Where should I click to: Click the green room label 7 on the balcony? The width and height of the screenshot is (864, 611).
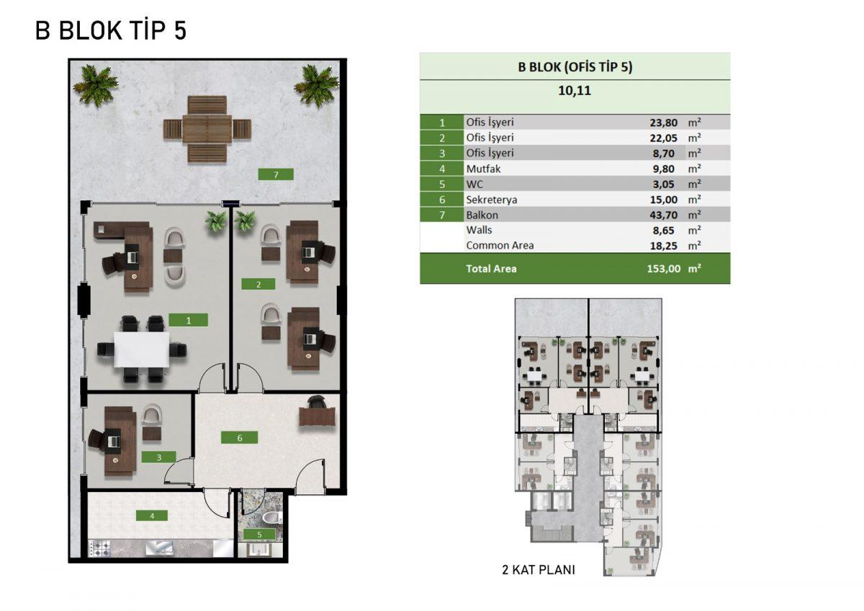click(276, 174)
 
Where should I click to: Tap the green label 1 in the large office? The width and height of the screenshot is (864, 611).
click(188, 320)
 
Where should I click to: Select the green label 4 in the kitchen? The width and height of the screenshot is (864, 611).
click(152, 516)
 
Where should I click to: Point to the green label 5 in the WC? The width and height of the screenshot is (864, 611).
click(259, 534)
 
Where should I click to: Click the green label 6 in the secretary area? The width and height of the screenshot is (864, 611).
click(239, 437)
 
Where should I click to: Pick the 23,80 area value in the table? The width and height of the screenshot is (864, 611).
click(663, 122)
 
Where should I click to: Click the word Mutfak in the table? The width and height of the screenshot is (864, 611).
click(483, 169)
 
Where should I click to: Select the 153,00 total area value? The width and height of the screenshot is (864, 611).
click(663, 269)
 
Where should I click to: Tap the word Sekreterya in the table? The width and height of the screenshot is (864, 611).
click(491, 200)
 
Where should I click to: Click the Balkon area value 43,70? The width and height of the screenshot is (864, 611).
click(663, 215)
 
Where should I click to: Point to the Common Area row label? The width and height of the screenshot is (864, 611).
click(500, 246)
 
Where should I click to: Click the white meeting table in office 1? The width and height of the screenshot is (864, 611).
click(142, 349)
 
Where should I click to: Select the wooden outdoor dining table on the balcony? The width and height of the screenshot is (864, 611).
click(207, 129)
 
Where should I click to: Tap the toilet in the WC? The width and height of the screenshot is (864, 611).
click(273, 517)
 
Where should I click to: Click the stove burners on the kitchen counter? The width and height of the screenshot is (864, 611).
click(100, 548)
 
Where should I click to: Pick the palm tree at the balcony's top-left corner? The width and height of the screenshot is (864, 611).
click(95, 85)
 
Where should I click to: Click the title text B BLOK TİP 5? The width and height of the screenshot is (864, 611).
click(111, 30)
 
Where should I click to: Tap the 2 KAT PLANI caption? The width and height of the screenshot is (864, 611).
click(539, 570)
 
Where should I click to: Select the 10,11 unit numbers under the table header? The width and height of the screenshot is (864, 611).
click(575, 91)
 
